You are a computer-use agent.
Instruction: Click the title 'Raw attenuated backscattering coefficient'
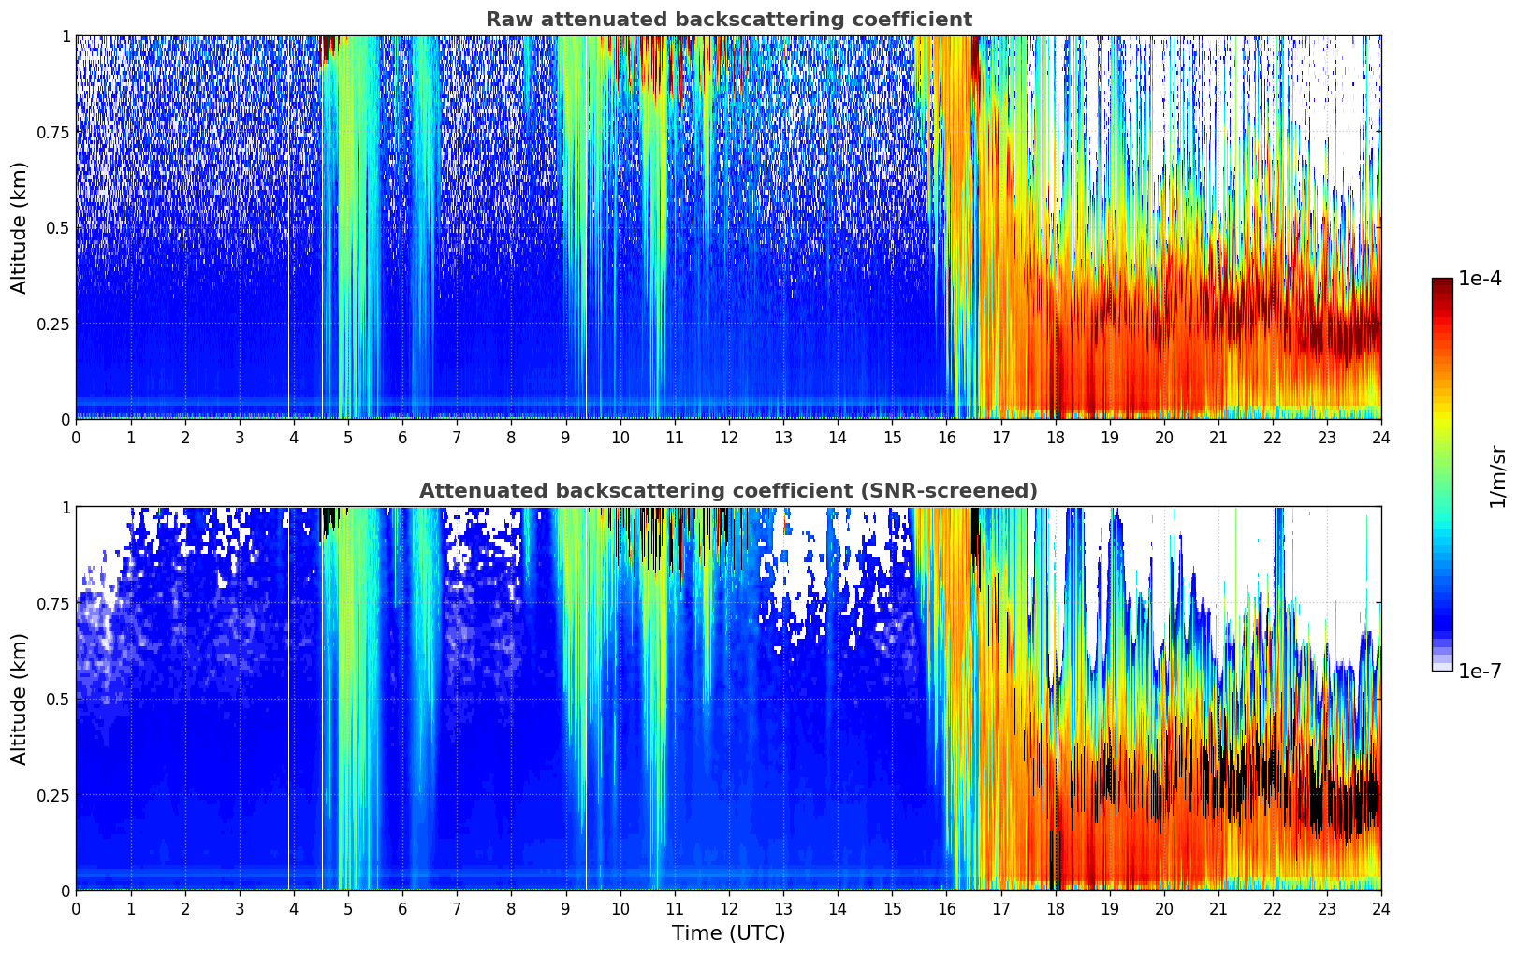[x=728, y=20]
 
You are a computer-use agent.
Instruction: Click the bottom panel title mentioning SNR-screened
[x=728, y=491]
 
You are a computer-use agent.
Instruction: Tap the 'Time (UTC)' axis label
[x=728, y=933]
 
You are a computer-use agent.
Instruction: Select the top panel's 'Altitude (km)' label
[x=20, y=227]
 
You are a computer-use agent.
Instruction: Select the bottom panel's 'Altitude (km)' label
[x=20, y=699]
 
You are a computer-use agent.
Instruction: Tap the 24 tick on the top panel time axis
[x=1381, y=438]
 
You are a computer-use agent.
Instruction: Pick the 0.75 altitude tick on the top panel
[x=53, y=132]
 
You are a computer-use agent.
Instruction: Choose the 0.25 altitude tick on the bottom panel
[x=53, y=795]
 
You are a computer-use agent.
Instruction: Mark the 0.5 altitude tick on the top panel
[x=58, y=227]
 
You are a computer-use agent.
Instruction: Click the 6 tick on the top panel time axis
[x=402, y=438]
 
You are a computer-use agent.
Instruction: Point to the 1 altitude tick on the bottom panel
[x=66, y=507]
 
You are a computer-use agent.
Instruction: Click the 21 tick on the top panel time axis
[x=1218, y=438]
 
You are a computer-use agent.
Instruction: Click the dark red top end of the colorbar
[x=1442, y=282]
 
